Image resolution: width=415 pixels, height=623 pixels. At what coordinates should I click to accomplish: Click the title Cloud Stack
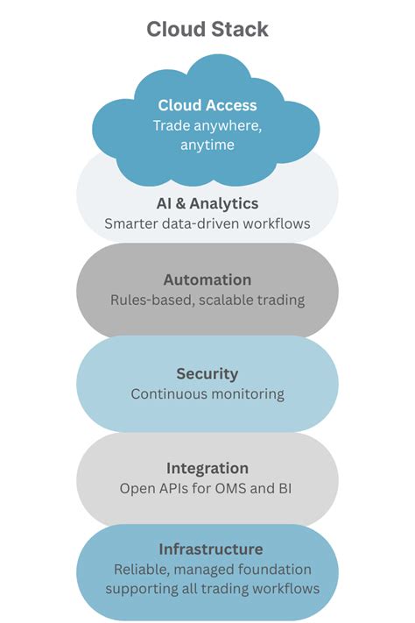click(207, 29)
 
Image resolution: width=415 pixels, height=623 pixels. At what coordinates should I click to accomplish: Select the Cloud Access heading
click(207, 105)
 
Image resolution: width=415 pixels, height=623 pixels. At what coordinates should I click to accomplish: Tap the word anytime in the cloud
click(207, 145)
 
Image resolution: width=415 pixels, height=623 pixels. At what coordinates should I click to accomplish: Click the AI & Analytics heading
click(207, 203)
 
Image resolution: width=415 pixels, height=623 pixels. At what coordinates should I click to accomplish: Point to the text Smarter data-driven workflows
click(207, 223)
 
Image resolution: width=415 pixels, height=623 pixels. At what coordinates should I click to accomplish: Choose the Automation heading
click(207, 280)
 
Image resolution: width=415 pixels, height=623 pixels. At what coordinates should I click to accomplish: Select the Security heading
click(207, 374)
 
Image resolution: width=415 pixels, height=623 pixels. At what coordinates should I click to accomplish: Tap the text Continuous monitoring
click(207, 394)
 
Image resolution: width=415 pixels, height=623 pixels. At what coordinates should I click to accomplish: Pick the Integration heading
click(207, 468)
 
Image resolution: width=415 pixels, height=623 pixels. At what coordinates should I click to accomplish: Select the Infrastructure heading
click(210, 549)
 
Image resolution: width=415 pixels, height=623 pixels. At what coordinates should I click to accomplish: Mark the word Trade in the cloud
click(172, 125)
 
